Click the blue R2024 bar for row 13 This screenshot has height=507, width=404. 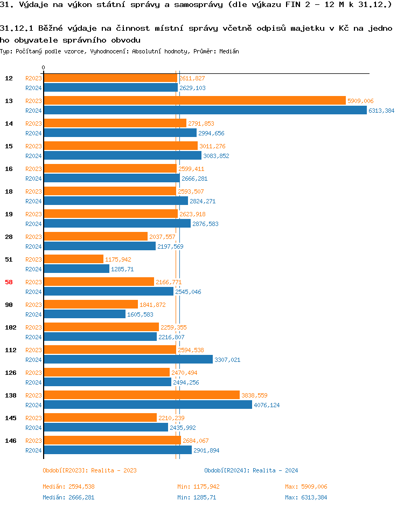tap(205, 110)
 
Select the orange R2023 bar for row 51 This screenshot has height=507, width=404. tap(73, 259)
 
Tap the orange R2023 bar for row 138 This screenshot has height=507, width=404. tap(141, 395)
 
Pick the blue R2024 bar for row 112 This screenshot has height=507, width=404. tap(128, 359)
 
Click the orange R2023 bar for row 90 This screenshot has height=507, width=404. tap(90, 304)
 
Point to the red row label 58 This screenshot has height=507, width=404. tap(9, 282)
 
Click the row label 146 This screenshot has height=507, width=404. tap(11, 441)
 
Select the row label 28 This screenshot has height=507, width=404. tap(9, 237)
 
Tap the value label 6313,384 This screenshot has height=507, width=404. tap(381, 111)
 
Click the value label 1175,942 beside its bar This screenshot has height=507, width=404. tap(118, 259)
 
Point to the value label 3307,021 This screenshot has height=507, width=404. tap(227, 360)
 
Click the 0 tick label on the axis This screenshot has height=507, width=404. tap(44, 67)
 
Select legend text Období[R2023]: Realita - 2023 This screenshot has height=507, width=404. tap(89, 470)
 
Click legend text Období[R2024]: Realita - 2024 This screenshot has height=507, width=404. tap(251, 470)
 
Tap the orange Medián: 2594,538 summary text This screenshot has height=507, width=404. tap(68, 487)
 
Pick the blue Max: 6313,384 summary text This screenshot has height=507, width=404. tap(306, 497)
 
